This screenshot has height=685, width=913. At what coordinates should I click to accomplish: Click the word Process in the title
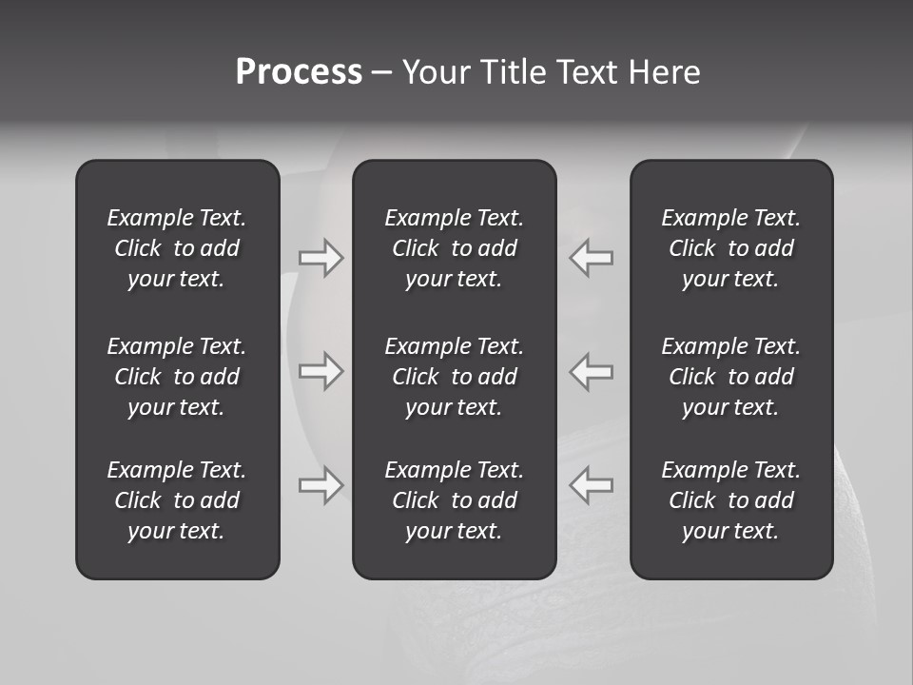point(299,72)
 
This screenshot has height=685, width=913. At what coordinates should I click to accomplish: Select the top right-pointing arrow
point(321,257)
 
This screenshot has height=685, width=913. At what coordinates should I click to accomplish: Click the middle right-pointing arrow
point(321,370)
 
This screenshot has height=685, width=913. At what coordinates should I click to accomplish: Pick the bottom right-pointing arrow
point(321,484)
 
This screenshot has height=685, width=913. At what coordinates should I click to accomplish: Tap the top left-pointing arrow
point(591,257)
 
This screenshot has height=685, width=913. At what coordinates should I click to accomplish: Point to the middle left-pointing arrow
point(591,370)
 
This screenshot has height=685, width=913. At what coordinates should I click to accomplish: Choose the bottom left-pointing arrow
point(591,484)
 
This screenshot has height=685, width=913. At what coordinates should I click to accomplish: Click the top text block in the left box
point(177,248)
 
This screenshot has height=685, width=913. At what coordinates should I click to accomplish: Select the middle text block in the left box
point(177,377)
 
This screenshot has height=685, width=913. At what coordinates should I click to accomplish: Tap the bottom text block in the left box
point(177,500)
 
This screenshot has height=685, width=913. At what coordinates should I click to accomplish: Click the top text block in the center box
point(454,248)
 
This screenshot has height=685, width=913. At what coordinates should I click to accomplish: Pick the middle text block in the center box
point(454,377)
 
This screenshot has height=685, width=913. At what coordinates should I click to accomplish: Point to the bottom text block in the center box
point(454,500)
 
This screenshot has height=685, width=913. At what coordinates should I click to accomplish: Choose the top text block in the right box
point(730,248)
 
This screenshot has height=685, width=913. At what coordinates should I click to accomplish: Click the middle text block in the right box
point(730,377)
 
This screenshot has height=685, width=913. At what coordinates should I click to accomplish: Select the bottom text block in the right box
point(730,500)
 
